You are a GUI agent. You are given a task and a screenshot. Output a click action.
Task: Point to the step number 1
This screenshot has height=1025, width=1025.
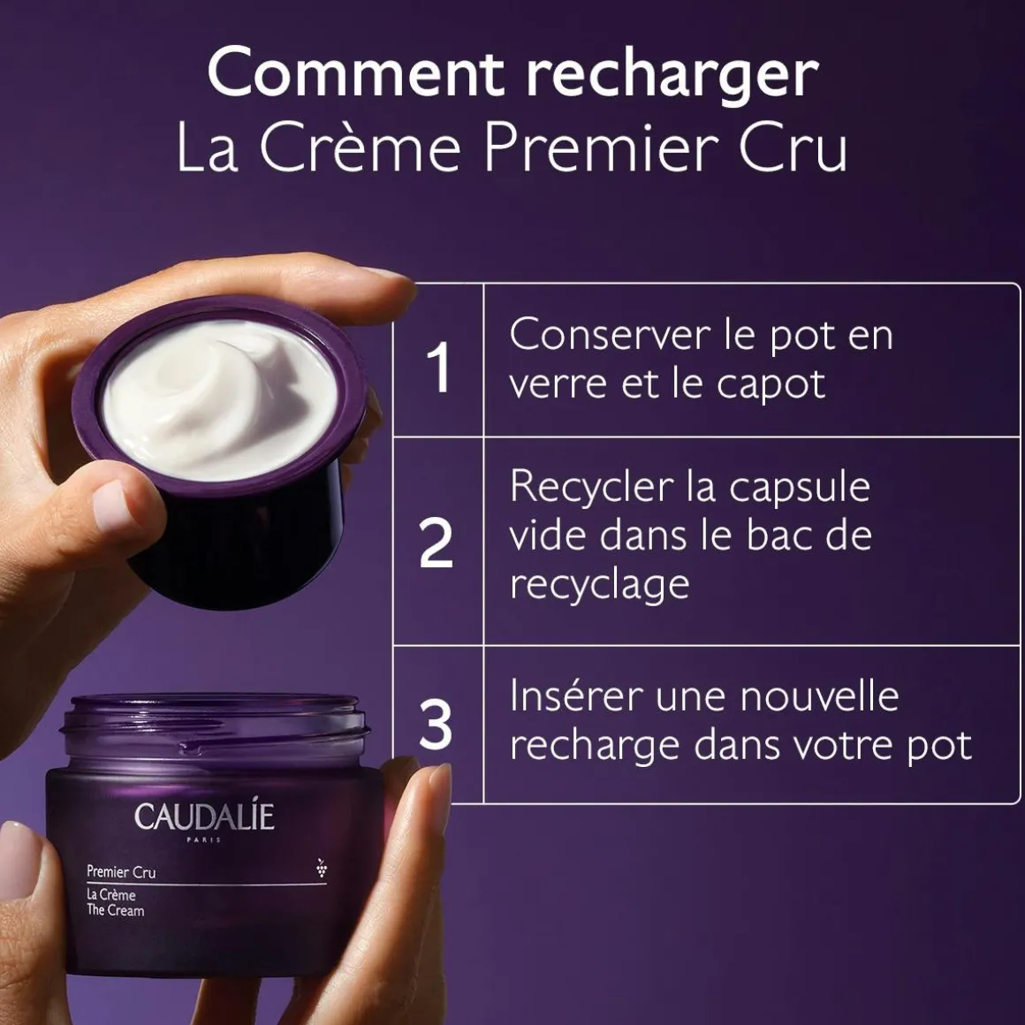[x=438, y=366]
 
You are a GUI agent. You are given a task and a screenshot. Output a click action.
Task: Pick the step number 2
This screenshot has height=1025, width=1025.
[x=436, y=543]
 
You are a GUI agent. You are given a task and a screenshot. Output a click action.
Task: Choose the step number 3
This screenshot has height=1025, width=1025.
[x=436, y=725]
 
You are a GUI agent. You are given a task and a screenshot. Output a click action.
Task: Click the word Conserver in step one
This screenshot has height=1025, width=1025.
[x=604, y=335]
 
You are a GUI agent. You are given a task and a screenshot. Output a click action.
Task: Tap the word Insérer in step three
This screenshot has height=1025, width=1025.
[x=575, y=696]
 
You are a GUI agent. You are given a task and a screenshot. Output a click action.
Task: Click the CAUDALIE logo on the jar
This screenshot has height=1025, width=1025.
[x=204, y=817]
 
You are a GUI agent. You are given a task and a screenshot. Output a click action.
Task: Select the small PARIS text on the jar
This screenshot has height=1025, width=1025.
[x=205, y=840]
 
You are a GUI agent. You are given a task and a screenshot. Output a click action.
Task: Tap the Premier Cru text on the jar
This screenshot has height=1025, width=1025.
[x=121, y=872]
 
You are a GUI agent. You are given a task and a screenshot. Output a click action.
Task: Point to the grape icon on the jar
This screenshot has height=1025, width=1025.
[x=321, y=869]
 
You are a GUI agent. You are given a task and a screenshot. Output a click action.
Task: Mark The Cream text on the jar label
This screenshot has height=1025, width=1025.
[x=116, y=910]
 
